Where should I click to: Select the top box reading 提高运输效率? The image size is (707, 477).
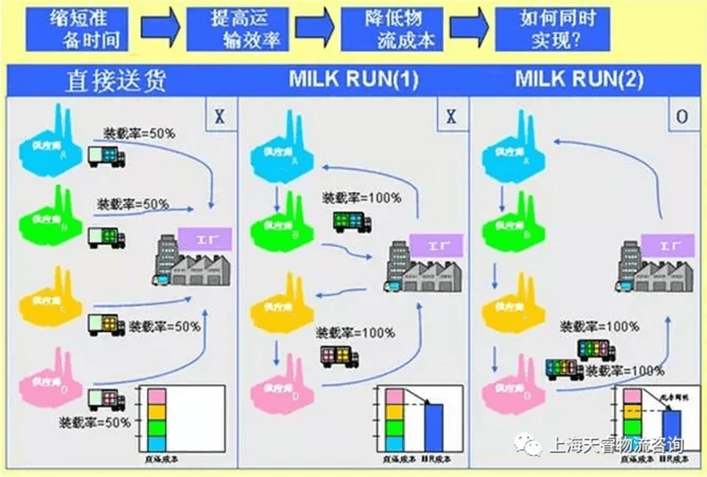(x=235, y=28)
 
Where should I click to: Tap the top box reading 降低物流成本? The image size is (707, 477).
(x=391, y=28)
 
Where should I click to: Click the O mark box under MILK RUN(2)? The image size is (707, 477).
(x=683, y=117)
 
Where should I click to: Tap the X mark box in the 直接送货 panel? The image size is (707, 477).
(x=219, y=117)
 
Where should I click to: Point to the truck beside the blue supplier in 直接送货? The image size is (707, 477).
(x=106, y=155)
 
